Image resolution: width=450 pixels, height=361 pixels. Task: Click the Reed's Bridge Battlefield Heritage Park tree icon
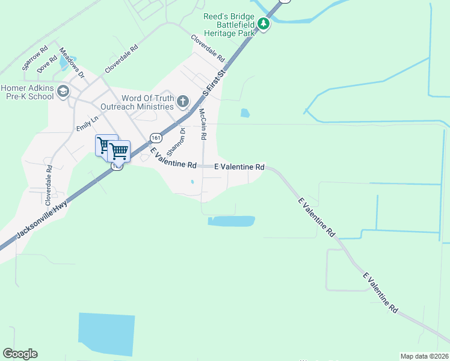pos(264,25)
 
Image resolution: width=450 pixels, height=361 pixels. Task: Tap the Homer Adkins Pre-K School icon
pos(63,91)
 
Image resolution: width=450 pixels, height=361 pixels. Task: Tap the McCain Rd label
pos(202,125)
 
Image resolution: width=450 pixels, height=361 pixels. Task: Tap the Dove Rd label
pos(47,65)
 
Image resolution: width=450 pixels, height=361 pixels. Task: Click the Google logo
pos(20,354)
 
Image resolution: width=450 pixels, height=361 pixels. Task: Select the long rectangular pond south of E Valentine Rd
pos(231,221)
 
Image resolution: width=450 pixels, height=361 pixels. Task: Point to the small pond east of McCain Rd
pos(245,113)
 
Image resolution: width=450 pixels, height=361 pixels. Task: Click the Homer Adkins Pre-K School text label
pos(27,91)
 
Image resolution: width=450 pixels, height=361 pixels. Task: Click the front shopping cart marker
pos(119,150)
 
